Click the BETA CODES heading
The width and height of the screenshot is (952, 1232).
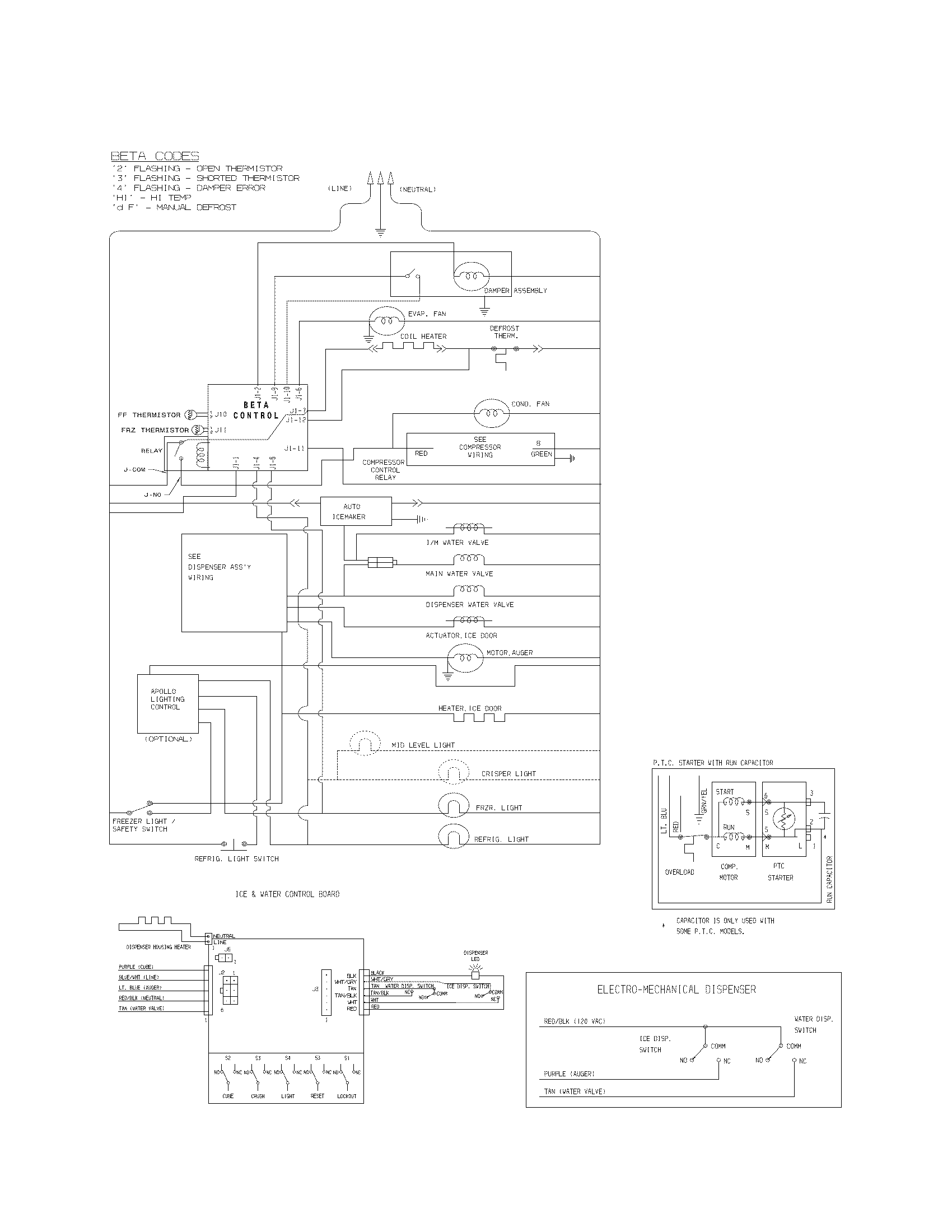(x=155, y=156)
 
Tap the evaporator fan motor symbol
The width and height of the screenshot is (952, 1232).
(x=386, y=320)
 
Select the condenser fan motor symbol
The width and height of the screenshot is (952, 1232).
(x=491, y=413)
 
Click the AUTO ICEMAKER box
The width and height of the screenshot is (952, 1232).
(x=355, y=511)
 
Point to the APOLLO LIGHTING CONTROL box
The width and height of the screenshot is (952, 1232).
(x=167, y=703)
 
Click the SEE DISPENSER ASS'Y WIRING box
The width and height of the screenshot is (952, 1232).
(x=234, y=583)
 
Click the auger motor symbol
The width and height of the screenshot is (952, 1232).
(x=465, y=658)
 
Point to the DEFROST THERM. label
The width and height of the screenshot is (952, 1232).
(x=505, y=332)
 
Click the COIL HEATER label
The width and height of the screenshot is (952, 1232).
(x=423, y=336)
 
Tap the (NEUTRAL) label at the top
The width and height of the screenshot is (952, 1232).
(x=417, y=189)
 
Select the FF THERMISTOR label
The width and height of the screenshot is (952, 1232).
(x=149, y=414)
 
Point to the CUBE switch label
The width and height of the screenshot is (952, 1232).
(x=228, y=1096)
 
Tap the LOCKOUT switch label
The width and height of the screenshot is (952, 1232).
(x=347, y=1096)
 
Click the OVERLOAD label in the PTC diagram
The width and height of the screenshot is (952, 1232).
(x=679, y=872)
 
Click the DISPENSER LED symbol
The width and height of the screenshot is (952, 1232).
(x=475, y=975)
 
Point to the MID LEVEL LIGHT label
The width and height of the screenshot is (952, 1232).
(x=423, y=745)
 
